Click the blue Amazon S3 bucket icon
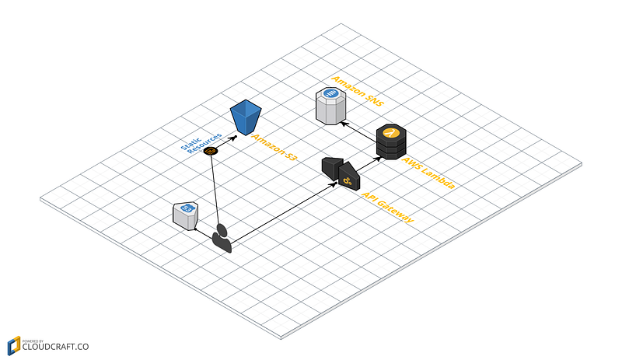[246, 117]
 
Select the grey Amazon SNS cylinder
[331, 106]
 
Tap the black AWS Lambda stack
[391, 142]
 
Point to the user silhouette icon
[222, 238]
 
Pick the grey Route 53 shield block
[185, 216]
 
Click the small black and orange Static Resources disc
[210, 151]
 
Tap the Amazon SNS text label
[358, 91]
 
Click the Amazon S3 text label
[274, 147]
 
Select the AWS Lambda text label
[428, 173]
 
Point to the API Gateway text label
[387, 208]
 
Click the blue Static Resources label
[201, 143]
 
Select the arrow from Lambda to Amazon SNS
[359, 131]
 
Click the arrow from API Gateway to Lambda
[369, 165]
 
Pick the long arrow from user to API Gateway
[284, 212]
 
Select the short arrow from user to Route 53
[204, 233]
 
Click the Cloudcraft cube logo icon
[14, 346]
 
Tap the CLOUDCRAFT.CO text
[55, 347]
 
